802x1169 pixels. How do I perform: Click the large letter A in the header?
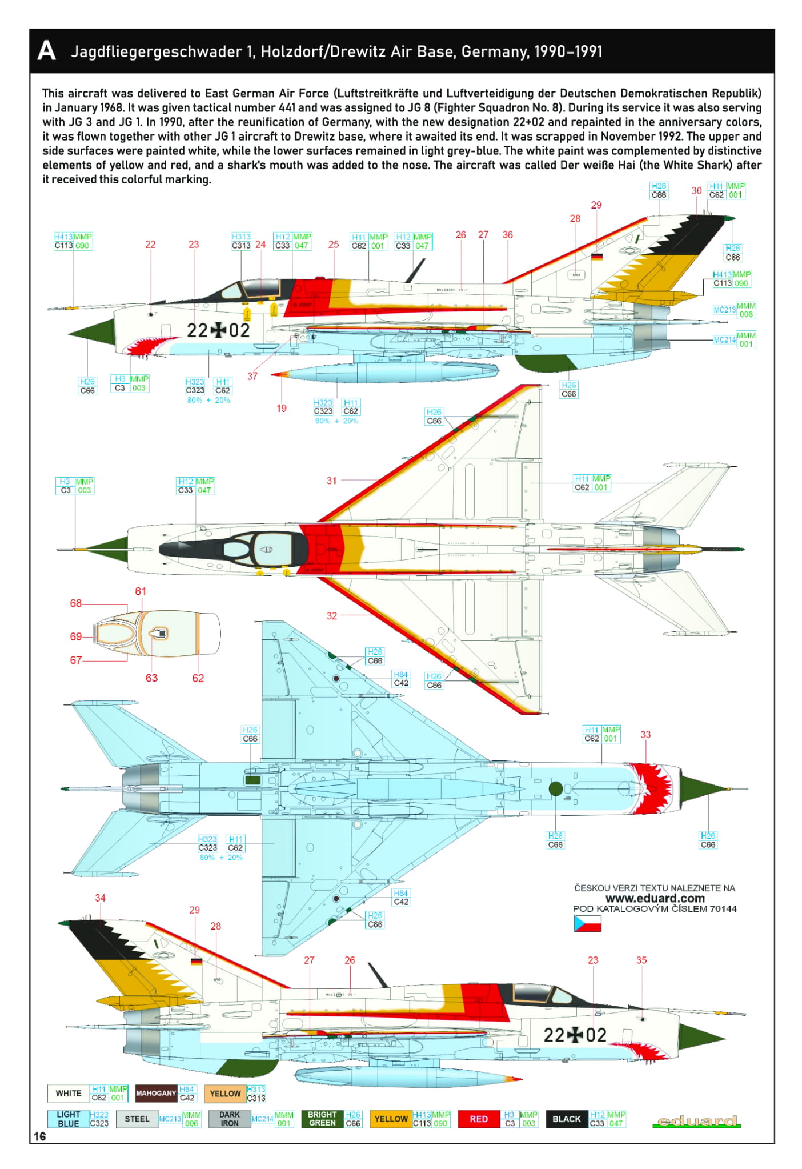click(x=46, y=51)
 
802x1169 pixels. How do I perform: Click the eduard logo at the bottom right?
click(x=697, y=1121)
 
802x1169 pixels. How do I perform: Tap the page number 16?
click(x=39, y=1136)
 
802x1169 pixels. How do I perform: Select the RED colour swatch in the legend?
click(x=479, y=1119)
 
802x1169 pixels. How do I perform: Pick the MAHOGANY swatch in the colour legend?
click(x=156, y=1093)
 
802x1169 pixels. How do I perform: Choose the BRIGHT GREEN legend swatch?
click(x=322, y=1119)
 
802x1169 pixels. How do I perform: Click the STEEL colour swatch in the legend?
click(x=137, y=1119)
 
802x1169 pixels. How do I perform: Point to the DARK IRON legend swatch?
click(x=230, y=1119)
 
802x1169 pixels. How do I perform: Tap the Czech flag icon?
click(x=587, y=923)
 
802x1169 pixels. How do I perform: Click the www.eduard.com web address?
click(x=655, y=898)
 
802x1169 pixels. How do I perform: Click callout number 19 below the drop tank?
click(x=282, y=408)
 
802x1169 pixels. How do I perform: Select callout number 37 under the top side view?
click(x=252, y=376)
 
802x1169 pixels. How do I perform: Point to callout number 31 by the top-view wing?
click(x=331, y=481)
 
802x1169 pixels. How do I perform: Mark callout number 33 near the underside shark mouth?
click(x=645, y=734)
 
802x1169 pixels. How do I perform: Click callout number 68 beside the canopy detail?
click(x=75, y=603)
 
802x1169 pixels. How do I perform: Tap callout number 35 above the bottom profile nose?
click(x=641, y=960)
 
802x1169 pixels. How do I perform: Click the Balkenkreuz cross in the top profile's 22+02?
click(x=218, y=330)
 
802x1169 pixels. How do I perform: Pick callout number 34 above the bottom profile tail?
click(x=100, y=898)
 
